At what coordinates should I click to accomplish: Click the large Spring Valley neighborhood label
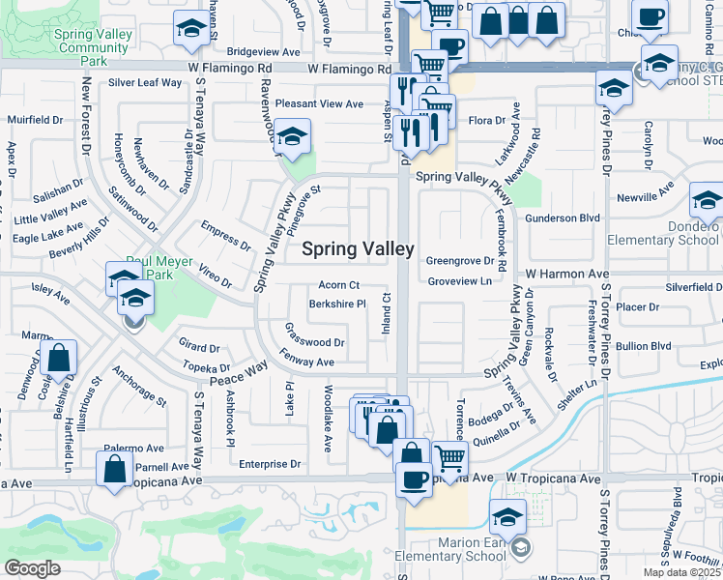point(359,249)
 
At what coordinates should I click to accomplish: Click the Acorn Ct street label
point(339,285)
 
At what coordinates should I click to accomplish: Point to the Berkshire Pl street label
point(336,304)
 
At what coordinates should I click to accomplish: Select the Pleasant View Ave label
point(319,103)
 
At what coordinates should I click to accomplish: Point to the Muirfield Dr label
point(36,121)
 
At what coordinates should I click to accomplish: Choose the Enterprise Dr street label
point(270,464)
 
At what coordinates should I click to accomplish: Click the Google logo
point(32,568)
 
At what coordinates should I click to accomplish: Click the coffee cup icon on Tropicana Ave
point(415,479)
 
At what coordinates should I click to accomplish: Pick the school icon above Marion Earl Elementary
point(508,515)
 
